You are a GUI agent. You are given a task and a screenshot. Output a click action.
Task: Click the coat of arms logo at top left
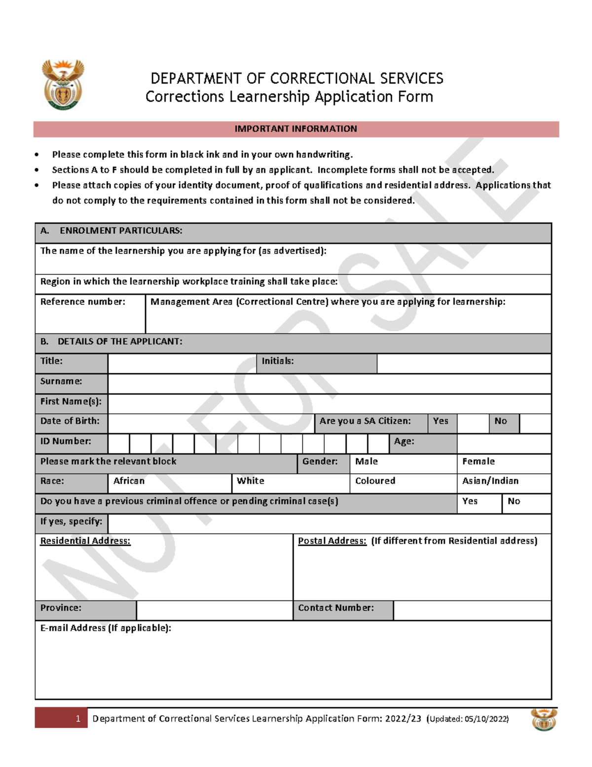[63, 85]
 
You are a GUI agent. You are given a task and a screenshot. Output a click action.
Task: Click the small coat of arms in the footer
[544, 720]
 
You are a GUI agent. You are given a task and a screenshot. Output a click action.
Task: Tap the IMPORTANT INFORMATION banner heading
[296, 129]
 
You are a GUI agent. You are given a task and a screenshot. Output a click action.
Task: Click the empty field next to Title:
[182, 363]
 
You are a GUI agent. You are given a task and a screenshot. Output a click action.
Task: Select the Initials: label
[278, 361]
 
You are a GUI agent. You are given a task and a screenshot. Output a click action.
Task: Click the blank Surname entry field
[329, 384]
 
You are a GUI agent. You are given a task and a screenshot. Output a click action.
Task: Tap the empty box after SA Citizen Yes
[473, 424]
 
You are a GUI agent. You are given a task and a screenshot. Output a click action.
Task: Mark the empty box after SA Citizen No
[535, 424]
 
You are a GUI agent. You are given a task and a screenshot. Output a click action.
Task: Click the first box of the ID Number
[119, 444]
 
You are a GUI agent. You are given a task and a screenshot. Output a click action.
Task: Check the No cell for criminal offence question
[526, 503]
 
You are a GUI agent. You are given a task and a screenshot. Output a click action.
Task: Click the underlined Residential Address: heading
[85, 541]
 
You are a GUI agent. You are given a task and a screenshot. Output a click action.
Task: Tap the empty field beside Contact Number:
[472, 610]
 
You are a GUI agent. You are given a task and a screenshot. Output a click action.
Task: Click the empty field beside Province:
[214, 610]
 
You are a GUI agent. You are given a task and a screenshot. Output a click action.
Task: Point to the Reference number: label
[83, 302]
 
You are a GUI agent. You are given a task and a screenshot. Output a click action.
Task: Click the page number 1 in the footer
[78, 719]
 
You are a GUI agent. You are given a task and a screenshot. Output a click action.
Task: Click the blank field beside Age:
[504, 444]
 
